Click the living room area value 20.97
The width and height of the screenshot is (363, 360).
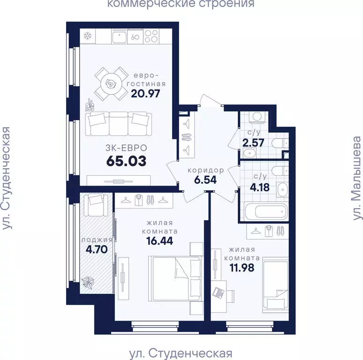[145, 94]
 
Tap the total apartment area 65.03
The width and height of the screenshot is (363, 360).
[127, 161]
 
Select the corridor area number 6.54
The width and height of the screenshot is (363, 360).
[205, 180]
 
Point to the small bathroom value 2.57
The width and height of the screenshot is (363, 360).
[253, 143]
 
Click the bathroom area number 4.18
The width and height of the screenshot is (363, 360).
[259, 187]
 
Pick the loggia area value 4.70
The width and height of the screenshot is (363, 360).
[97, 249]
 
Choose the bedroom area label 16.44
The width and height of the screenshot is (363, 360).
[160, 241]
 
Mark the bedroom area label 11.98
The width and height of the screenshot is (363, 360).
[242, 268]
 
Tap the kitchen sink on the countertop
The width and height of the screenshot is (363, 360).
[120, 36]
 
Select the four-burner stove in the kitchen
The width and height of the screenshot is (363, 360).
[151, 36]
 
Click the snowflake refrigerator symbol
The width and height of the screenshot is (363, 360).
[88, 36]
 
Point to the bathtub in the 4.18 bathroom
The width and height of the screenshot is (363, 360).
[266, 211]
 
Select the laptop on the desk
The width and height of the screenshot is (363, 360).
[218, 293]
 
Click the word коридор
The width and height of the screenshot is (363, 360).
[206, 171]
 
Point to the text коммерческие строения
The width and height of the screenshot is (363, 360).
[181, 4]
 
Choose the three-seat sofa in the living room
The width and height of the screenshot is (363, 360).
[118, 124]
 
